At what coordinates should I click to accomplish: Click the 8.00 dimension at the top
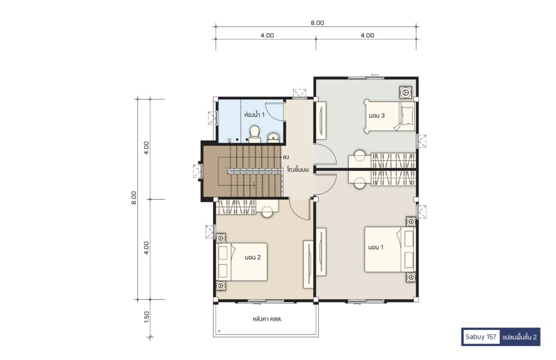(x=317, y=23)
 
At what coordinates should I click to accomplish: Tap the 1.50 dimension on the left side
(x=147, y=317)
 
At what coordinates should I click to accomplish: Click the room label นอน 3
(x=377, y=115)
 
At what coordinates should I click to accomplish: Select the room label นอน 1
(x=376, y=247)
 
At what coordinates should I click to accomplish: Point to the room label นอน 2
(x=253, y=257)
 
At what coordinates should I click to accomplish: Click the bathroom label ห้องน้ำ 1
(x=254, y=115)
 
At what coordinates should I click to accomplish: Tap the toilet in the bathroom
(x=254, y=134)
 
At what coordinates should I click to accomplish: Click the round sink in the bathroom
(x=273, y=137)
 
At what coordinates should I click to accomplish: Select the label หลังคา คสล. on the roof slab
(x=267, y=319)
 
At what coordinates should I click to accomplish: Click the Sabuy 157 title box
(x=481, y=337)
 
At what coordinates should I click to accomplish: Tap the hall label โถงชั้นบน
(x=298, y=169)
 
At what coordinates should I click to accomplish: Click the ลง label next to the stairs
(x=286, y=156)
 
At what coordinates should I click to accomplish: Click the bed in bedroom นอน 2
(x=242, y=262)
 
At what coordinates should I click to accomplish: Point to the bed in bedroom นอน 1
(x=390, y=250)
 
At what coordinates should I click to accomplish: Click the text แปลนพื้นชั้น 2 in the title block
(x=520, y=337)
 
